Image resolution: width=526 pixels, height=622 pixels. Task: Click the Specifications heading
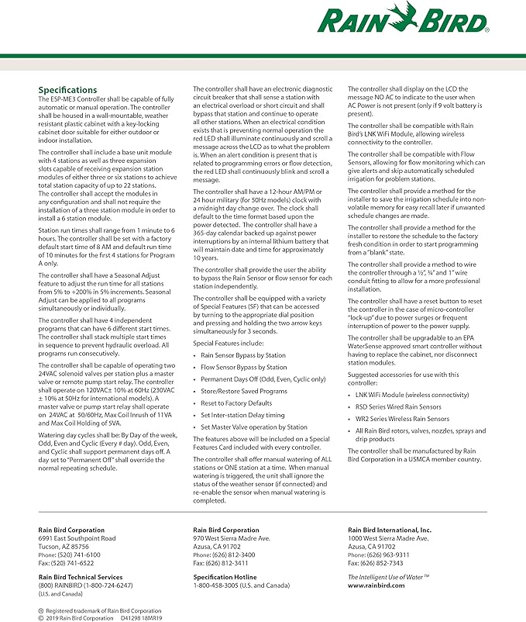coord(68,90)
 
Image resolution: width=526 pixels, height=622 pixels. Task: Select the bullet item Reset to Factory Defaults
coord(236,403)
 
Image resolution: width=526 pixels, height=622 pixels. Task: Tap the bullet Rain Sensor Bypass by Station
coord(244,355)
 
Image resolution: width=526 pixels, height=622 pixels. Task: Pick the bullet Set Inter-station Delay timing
coord(242,415)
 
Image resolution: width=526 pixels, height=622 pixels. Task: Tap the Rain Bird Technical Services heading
coord(81,577)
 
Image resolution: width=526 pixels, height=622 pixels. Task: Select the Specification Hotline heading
coord(225,577)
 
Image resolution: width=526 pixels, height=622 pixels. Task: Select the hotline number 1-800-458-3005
coord(218,586)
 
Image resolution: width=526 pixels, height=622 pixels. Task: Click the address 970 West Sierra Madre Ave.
coord(232,538)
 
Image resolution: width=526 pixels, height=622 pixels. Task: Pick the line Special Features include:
coord(229,343)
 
